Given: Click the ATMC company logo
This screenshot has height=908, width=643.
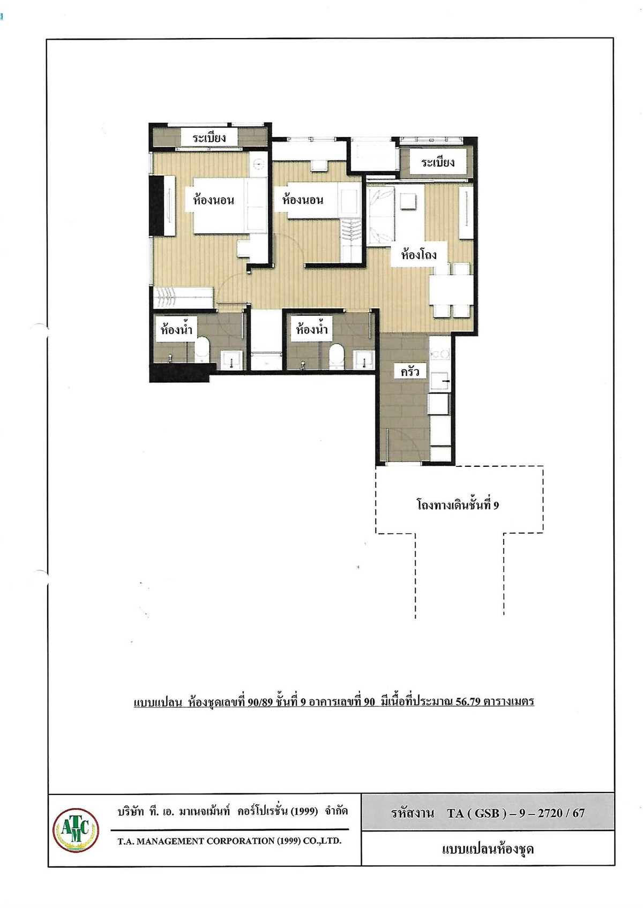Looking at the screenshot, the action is (x=76, y=830).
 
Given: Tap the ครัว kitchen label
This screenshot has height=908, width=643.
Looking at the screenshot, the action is (x=410, y=372).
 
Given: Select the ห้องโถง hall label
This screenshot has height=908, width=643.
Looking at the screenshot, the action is (x=418, y=254).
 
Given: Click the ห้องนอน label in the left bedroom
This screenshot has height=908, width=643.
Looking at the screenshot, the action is (x=213, y=200).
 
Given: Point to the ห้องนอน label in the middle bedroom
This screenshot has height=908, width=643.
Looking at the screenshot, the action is (x=303, y=200).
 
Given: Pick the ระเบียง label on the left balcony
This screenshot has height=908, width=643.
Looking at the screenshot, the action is (x=209, y=138).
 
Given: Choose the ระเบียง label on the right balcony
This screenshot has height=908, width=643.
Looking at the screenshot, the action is (x=438, y=163).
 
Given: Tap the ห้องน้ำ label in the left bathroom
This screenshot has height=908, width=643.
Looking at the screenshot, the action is (x=176, y=329).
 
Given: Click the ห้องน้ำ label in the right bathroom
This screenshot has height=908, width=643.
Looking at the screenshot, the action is (x=311, y=329).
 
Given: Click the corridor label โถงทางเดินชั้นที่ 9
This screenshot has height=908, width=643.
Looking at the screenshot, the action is (x=458, y=505).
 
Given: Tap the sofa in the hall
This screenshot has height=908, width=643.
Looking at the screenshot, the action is (x=381, y=215).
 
